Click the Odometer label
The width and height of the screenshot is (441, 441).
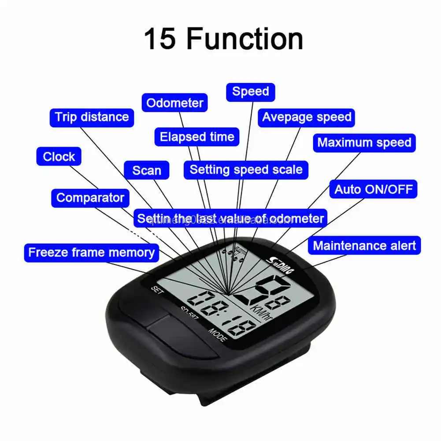click(175, 103)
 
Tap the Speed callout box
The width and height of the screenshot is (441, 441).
click(250, 92)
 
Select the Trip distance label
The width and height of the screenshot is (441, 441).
click(92, 117)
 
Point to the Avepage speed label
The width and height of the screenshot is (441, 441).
click(307, 117)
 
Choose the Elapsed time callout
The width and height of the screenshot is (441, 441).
click(197, 137)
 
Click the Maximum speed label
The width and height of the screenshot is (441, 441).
click(364, 143)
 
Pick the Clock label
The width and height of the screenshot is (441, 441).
click(59, 156)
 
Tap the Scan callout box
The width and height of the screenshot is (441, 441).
click(147, 170)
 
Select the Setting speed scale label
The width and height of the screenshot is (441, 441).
click(246, 170)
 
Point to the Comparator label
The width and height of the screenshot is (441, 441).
click(90, 198)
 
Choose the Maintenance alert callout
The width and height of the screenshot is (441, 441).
click(364, 245)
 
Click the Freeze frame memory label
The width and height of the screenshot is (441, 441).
click(91, 252)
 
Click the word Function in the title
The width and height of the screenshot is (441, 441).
click(245, 39)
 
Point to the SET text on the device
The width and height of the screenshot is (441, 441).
click(157, 290)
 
